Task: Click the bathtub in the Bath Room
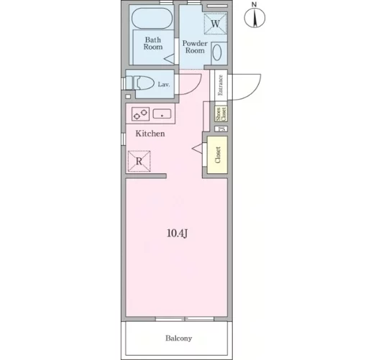[152, 19]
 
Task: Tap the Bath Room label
[153, 43]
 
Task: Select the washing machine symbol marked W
[216, 24]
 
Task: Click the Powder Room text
[195, 47]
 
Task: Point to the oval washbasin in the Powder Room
[217, 52]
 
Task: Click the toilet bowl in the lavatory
[145, 83]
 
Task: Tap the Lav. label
[164, 85]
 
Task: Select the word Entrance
[221, 85]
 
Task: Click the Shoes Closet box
[221, 114]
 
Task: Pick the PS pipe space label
[221, 129]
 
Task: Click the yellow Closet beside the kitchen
[217, 155]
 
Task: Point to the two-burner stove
[140, 114]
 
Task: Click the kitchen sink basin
[162, 114]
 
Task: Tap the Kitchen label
[150, 134]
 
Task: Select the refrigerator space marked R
[139, 161]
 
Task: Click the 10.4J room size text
[178, 234]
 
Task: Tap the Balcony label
[179, 338]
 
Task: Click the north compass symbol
[254, 18]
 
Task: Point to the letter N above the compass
[254, 4]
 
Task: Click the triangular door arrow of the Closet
[197, 148]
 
